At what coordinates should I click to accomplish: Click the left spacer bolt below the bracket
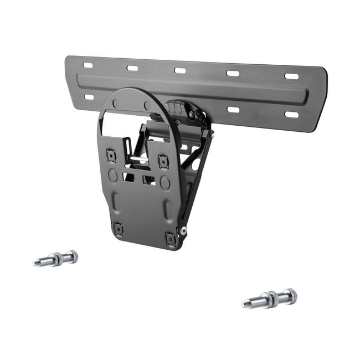(x=56, y=259)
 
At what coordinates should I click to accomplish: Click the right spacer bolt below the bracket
(x=269, y=299)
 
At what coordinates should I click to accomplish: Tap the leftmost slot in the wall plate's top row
(x=88, y=65)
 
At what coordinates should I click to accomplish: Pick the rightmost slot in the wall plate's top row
(x=292, y=76)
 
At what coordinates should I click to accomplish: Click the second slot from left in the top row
(x=132, y=68)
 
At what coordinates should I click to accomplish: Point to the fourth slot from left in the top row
(x=233, y=73)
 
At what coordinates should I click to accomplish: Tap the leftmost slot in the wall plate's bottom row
(x=89, y=97)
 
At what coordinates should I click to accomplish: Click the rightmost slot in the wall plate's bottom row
(x=291, y=115)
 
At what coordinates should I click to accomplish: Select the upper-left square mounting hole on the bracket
(x=111, y=156)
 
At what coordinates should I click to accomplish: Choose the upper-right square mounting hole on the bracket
(x=162, y=161)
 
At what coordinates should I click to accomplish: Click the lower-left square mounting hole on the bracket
(x=117, y=227)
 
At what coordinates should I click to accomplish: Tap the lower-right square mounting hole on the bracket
(x=169, y=238)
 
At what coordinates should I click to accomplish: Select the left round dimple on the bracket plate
(x=112, y=176)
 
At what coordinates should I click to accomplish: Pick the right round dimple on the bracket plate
(x=165, y=183)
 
